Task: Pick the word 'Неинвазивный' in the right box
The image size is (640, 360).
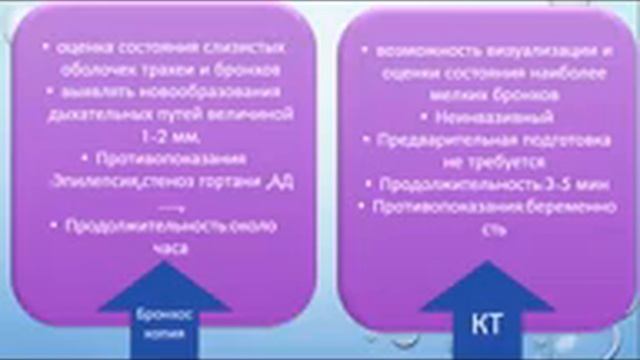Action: pos(478,116)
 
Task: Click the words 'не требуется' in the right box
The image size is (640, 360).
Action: pos(478,160)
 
